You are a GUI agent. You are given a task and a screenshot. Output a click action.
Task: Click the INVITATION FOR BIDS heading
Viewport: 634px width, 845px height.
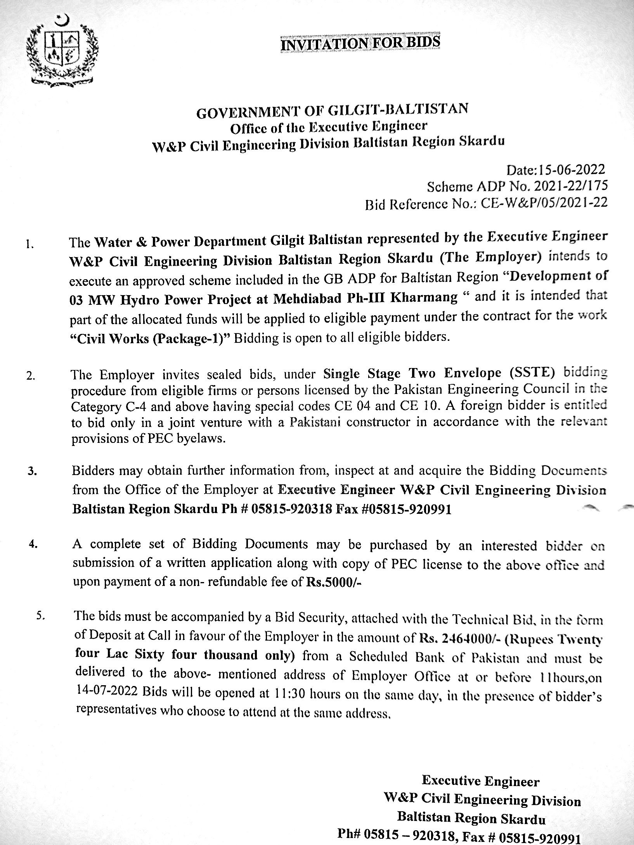click(x=360, y=43)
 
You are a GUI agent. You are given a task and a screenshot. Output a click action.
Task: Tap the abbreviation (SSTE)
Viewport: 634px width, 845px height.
click(x=531, y=373)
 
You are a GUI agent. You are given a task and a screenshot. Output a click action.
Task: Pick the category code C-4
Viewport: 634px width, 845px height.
click(x=152, y=407)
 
